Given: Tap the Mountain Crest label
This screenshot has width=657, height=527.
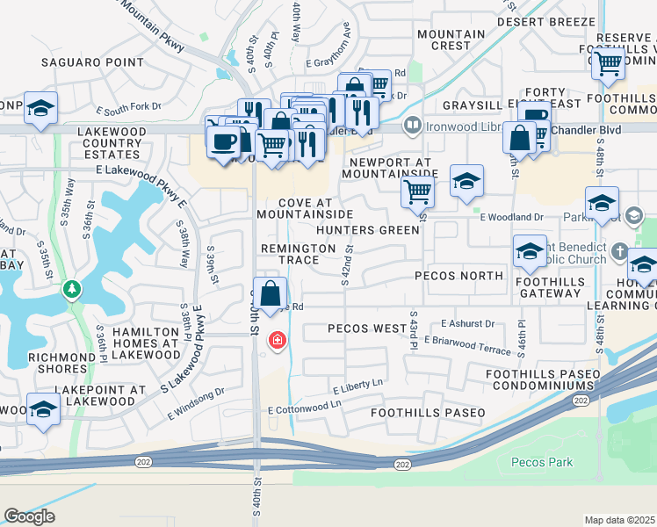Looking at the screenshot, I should tap(451, 40).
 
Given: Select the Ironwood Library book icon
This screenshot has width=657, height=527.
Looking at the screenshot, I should tap(411, 126).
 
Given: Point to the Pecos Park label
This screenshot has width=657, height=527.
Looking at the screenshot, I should tap(542, 462).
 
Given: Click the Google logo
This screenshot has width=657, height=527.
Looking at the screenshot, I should tap(29, 516).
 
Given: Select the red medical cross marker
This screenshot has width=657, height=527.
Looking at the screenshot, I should tap(277, 339).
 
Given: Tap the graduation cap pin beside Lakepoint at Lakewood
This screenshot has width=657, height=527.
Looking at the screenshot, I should tap(43, 409).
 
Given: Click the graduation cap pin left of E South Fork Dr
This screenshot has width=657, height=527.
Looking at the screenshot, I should tap(40, 108).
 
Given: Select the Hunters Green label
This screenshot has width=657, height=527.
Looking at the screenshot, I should tap(368, 230).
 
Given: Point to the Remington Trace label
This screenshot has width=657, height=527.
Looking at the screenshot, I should tap(298, 255).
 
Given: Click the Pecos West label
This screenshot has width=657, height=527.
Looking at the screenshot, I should tap(366, 328).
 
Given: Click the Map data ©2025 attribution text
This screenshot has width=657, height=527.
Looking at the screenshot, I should tap(619, 520).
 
